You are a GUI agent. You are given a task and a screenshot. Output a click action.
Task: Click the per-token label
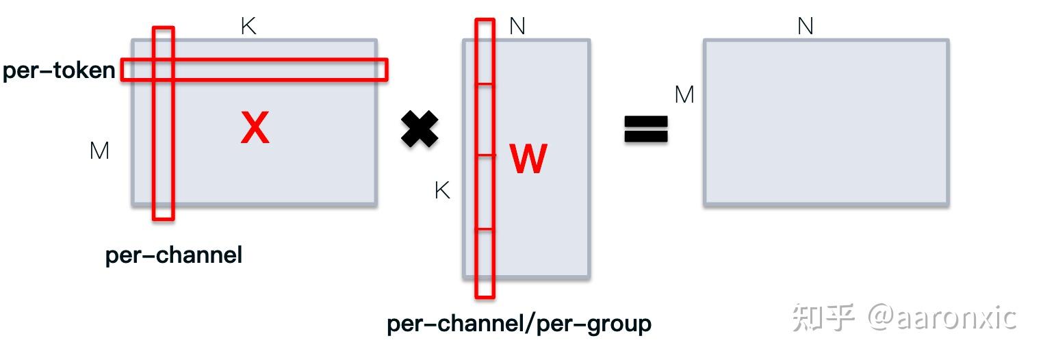tap(59, 70)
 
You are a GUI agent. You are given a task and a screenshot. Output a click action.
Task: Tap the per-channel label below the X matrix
tap(174, 255)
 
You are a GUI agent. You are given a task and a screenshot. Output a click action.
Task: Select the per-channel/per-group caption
tap(519, 324)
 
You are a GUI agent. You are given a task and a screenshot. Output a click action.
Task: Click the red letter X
tap(255, 127)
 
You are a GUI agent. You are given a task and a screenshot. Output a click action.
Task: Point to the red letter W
tap(528, 158)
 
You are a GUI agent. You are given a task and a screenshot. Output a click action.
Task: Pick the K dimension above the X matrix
tap(248, 26)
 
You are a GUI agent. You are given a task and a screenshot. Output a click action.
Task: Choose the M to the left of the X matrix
tap(99, 151)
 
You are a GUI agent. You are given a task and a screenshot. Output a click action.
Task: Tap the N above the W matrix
tap(517, 26)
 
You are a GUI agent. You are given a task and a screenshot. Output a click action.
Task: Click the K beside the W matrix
tap(442, 190)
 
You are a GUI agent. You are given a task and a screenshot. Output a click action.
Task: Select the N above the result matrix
tap(805, 26)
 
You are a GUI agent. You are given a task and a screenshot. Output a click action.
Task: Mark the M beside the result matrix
tap(684, 94)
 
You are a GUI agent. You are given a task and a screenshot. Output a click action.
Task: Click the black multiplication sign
tap(420, 129)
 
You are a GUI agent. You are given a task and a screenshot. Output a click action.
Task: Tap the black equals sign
tap(646, 129)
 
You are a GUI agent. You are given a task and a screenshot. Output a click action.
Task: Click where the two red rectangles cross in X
tap(164, 70)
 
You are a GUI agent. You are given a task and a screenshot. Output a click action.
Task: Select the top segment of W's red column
tap(485, 51)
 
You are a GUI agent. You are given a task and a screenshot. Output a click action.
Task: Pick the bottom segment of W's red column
tap(485, 263)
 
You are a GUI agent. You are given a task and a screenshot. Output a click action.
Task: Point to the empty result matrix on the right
tap(826, 123)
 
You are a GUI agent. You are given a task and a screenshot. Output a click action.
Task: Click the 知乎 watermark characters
tap(823, 318)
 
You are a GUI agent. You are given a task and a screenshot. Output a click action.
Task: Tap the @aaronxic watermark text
tap(942, 318)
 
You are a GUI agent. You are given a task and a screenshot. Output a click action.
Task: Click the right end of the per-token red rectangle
tap(387, 70)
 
